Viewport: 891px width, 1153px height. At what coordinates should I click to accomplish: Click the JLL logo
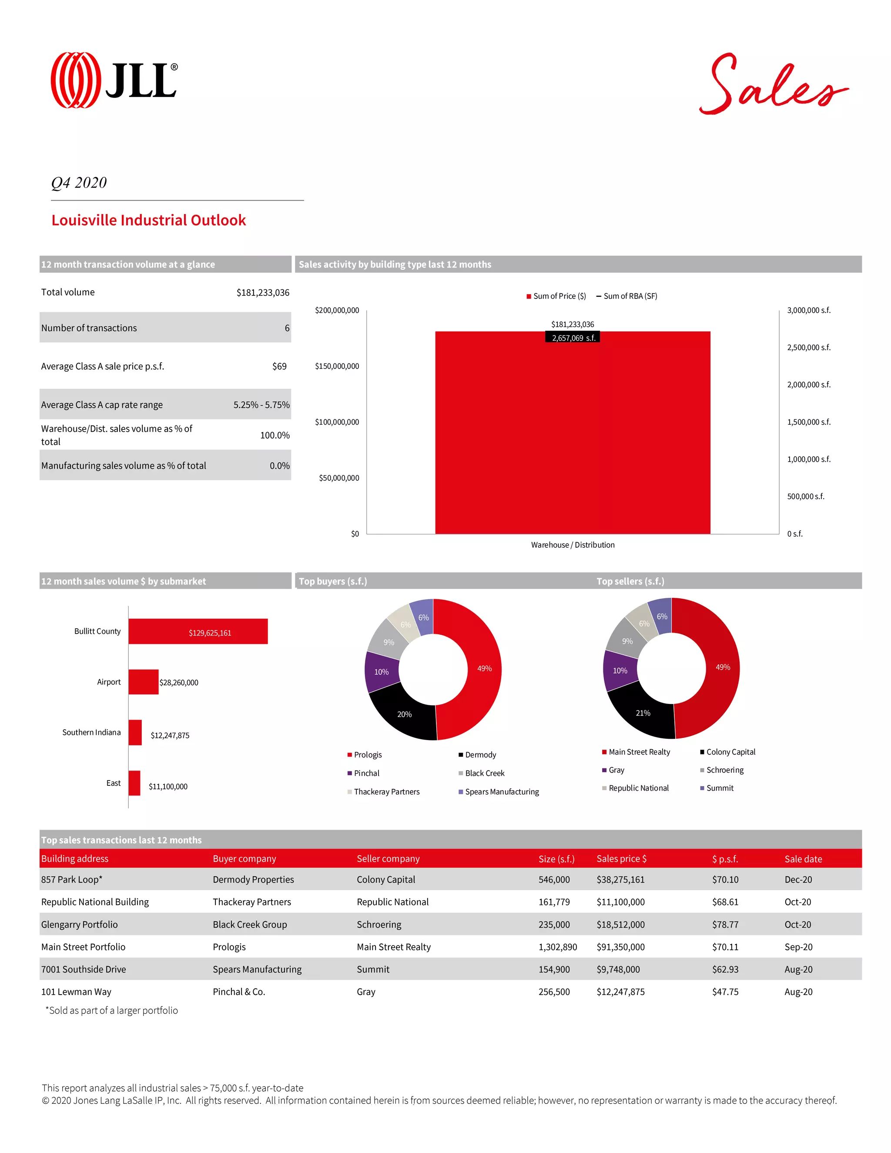114,80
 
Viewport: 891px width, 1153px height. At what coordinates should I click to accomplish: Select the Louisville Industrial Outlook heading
148,220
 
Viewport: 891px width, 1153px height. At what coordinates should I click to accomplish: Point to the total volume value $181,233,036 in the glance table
262,292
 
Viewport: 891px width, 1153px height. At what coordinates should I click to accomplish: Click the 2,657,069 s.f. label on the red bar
573,338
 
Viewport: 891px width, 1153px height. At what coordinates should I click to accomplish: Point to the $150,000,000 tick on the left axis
337,366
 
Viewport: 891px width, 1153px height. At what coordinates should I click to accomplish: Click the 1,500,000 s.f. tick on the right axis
808,422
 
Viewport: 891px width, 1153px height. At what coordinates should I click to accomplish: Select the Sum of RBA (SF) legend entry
627,296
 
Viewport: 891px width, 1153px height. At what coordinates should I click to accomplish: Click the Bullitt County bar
198,631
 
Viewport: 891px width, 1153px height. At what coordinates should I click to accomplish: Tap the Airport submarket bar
144,682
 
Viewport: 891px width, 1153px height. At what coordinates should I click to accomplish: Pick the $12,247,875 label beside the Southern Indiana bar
170,735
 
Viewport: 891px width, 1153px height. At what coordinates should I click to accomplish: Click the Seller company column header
388,859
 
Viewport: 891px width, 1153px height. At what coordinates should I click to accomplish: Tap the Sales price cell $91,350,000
620,947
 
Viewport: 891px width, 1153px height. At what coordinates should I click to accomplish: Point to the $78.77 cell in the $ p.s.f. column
725,925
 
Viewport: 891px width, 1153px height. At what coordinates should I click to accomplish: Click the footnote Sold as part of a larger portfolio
112,1010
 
